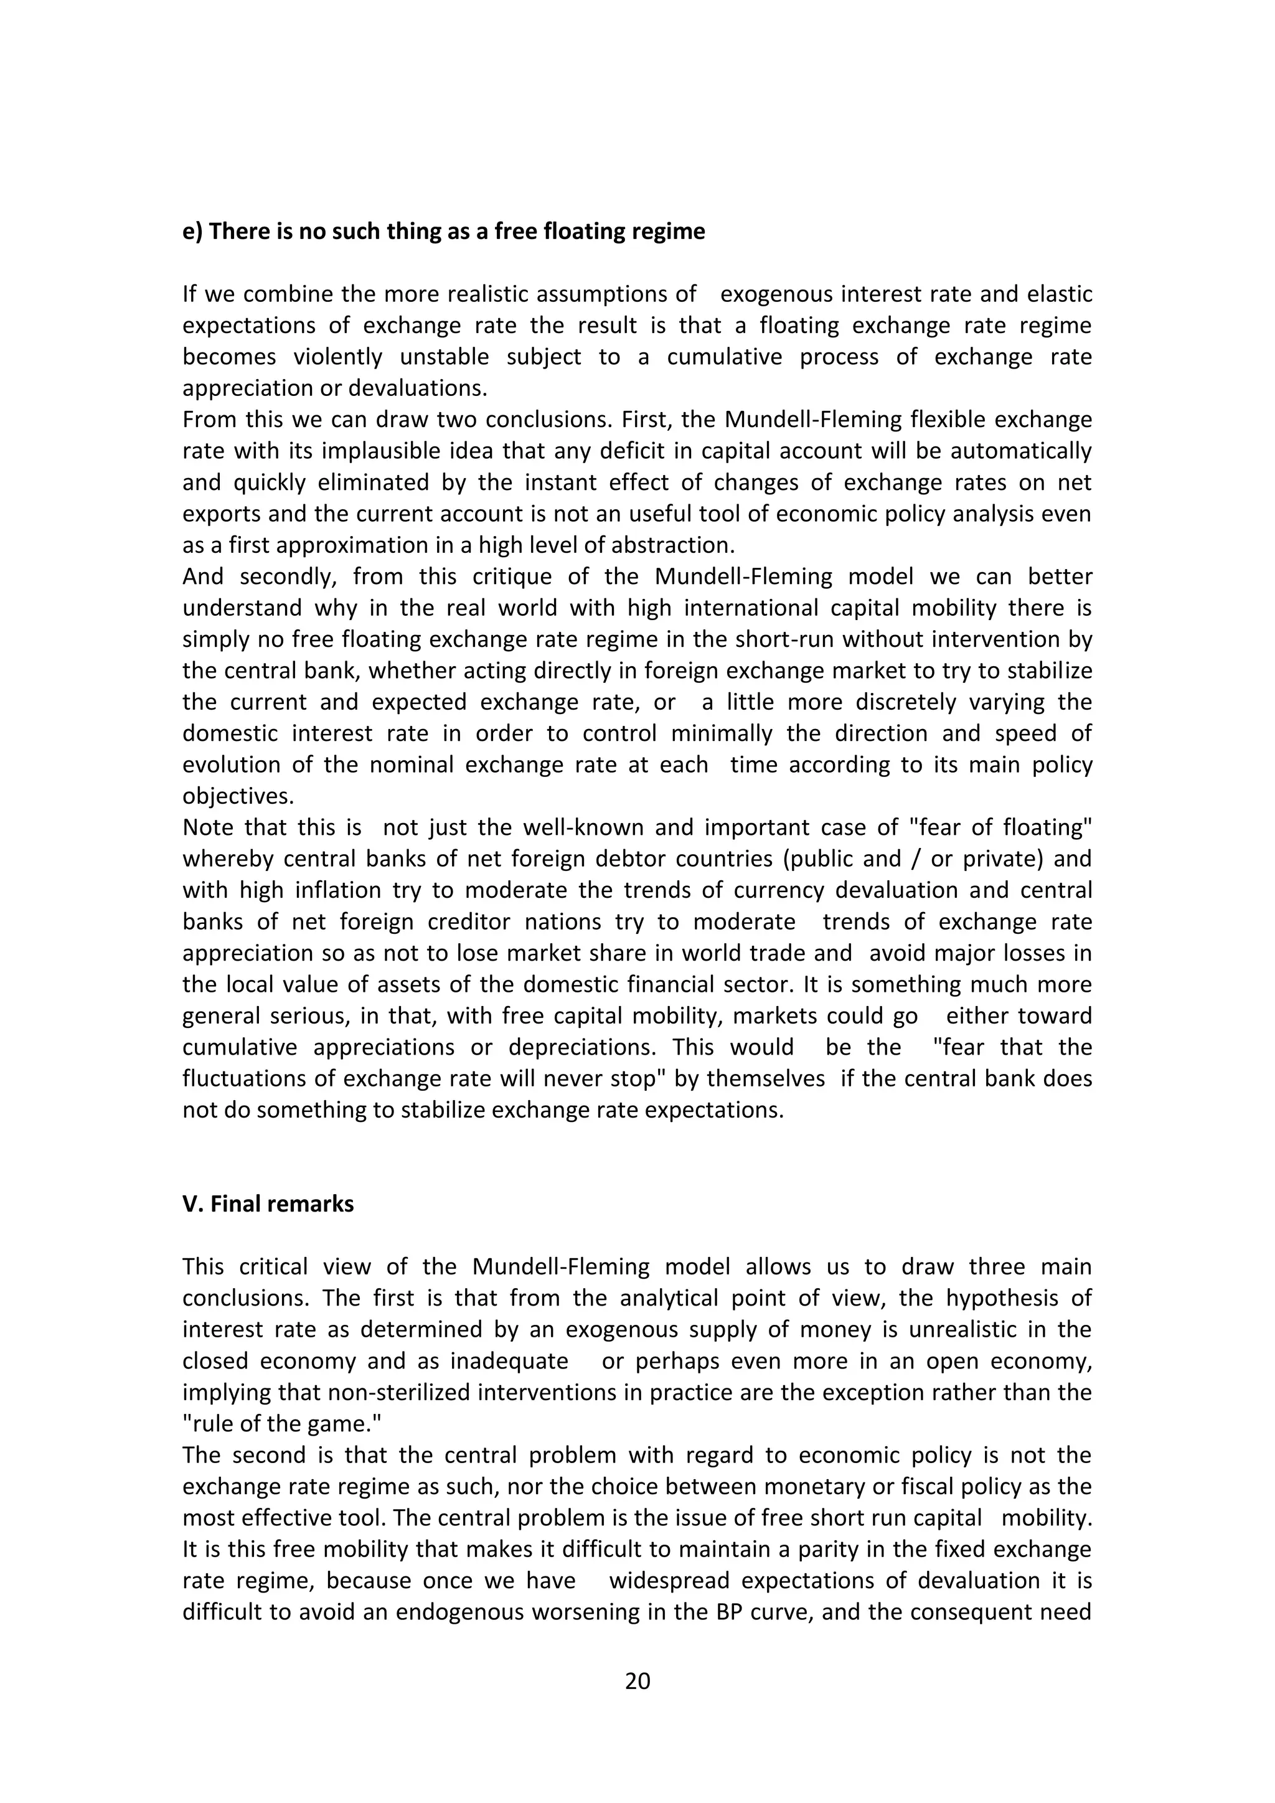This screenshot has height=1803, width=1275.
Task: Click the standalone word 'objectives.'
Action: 238,796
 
